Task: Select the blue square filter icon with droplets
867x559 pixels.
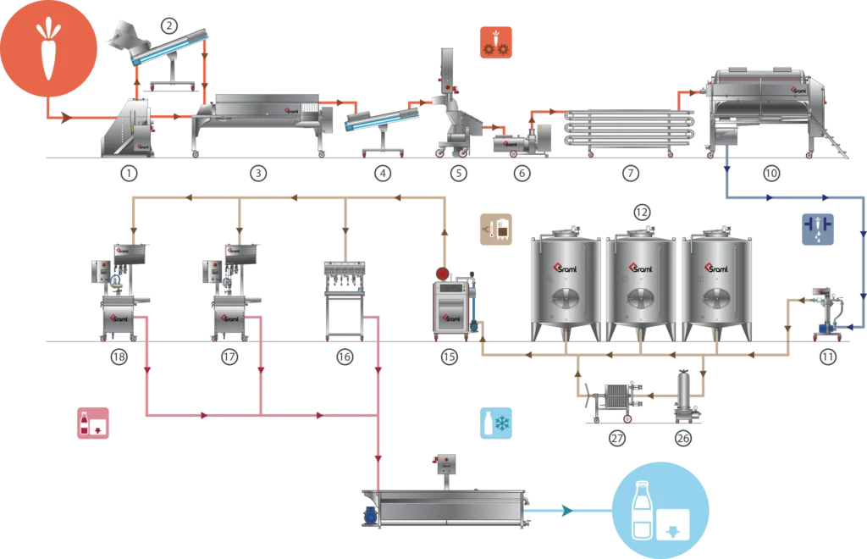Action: click(x=820, y=230)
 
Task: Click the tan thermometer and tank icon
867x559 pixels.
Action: click(x=495, y=229)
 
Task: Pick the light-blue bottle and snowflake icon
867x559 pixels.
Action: click(x=497, y=421)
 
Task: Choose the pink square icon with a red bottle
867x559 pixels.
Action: click(x=94, y=423)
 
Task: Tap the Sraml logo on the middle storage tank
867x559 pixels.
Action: click(x=641, y=268)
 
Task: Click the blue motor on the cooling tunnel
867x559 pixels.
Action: click(x=370, y=512)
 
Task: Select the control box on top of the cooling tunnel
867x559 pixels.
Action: click(x=445, y=464)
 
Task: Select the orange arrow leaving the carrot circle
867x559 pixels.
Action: click(x=64, y=119)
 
